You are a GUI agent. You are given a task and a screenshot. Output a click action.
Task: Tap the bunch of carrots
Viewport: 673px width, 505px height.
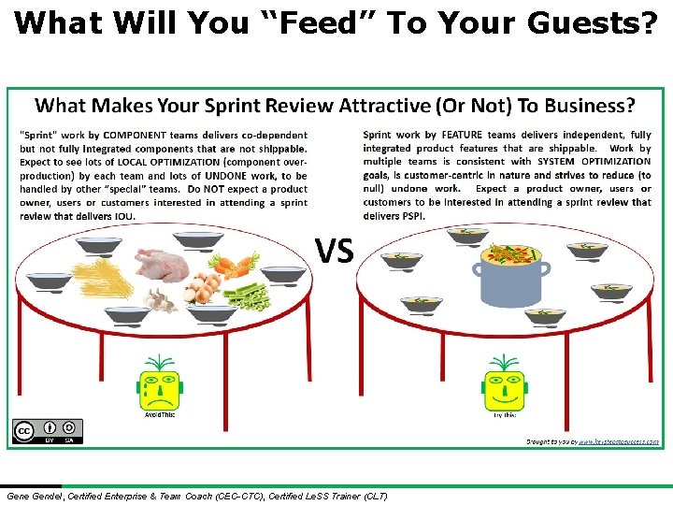click(x=235, y=267)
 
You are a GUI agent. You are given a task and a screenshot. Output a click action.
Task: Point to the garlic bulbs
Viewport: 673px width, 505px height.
click(x=161, y=300)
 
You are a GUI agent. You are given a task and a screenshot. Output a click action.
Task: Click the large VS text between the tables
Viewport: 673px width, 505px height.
click(x=334, y=252)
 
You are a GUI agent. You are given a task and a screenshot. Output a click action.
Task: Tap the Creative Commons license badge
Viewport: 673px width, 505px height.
click(x=48, y=431)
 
